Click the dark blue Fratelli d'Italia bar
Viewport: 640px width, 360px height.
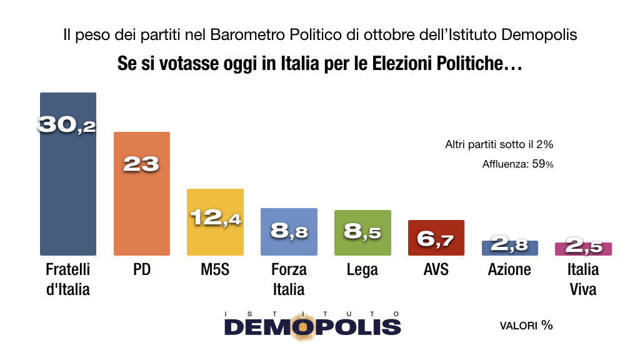[x=67, y=187]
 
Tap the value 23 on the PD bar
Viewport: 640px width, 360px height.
[x=141, y=164]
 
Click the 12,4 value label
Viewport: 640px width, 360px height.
[x=215, y=218]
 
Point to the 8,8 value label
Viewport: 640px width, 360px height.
[x=289, y=231]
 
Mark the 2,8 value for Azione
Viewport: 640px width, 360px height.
[x=509, y=246]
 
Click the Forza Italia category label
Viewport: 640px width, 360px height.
[x=289, y=279]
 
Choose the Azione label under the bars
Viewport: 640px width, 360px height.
[x=509, y=269]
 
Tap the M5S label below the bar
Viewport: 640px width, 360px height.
[x=215, y=269]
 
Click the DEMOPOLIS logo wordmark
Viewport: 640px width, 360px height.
[x=312, y=326]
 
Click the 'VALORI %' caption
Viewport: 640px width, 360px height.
[x=526, y=326]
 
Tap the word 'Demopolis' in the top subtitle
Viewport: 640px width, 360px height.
[x=541, y=35]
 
